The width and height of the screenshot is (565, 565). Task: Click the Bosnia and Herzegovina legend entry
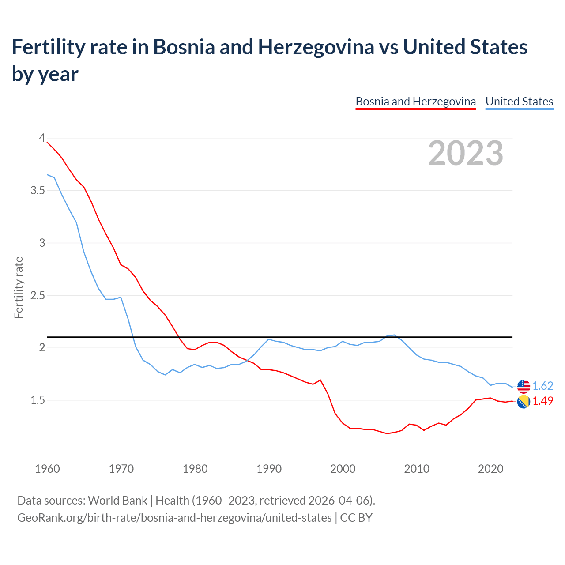[x=415, y=102]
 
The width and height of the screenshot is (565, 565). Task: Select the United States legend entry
[x=519, y=102]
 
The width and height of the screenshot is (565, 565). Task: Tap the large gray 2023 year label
[x=466, y=153]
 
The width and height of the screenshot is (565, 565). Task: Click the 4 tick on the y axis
[x=42, y=138]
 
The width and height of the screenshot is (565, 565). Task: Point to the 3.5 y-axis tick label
[x=38, y=190]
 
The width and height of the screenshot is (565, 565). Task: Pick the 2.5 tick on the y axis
[x=38, y=295]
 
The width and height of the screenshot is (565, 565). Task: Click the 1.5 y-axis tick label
[x=38, y=400]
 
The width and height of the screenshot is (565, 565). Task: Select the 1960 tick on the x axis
[x=47, y=469]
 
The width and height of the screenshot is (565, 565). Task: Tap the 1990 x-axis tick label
[x=269, y=469]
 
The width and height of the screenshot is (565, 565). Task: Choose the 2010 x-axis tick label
[x=417, y=469]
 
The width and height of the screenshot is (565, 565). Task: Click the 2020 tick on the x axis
[x=490, y=469]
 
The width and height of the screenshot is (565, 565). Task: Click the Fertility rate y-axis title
[x=19, y=287]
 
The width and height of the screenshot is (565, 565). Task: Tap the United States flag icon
[x=524, y=386]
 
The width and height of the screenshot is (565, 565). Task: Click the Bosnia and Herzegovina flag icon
[x=524, y=402]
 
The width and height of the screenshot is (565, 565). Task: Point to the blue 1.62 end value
[x=542, y=386]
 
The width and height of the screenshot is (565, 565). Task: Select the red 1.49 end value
[x=542, y=401]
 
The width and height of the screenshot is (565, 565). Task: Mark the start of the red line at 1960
[x=47, y=142]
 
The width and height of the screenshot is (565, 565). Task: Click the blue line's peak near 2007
[x=394, y=335]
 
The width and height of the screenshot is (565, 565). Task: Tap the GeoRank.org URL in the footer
[x=174, y=517]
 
